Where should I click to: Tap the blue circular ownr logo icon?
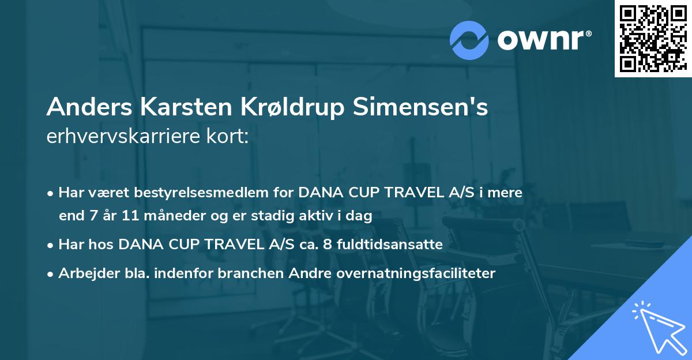tap(469, 40)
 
